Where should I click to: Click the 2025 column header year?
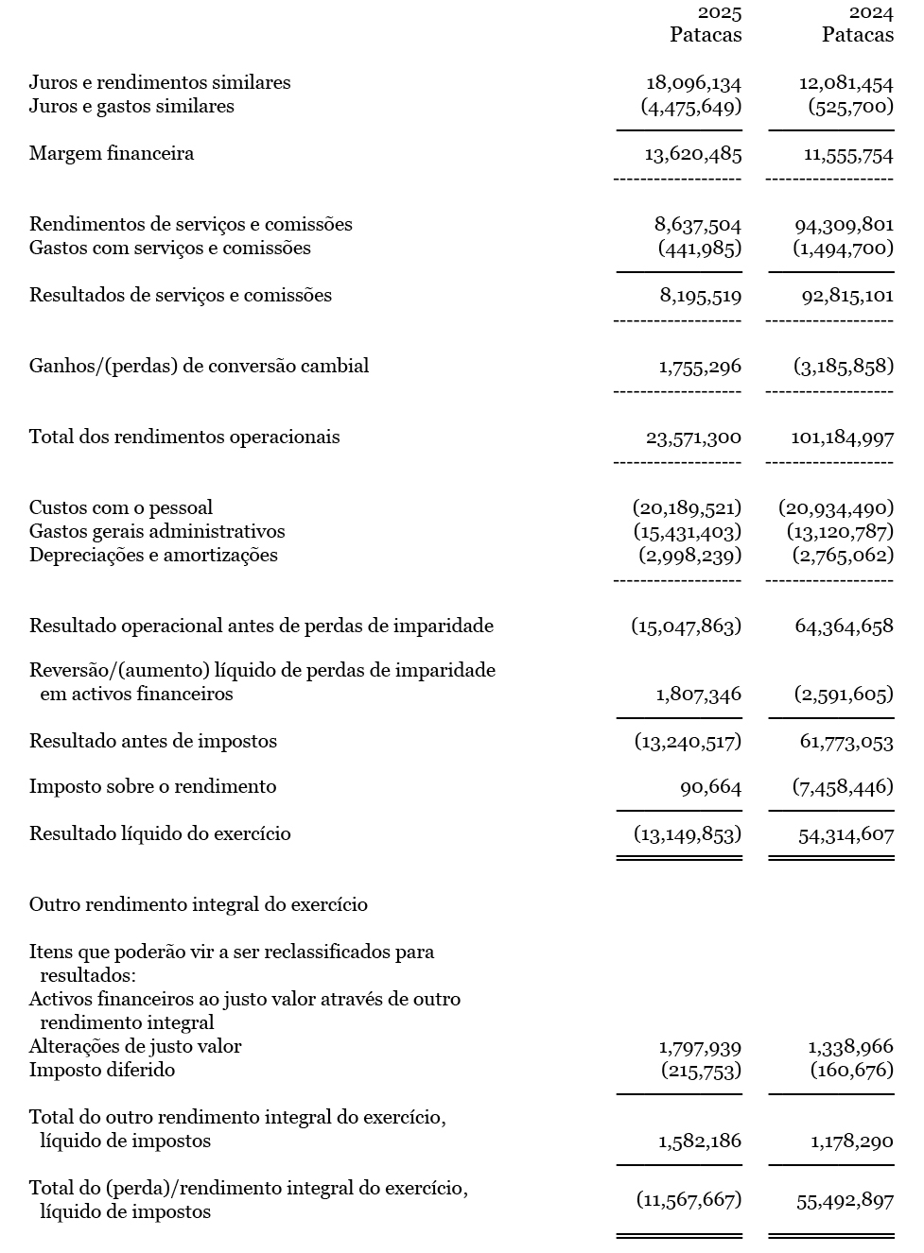pos(720,12)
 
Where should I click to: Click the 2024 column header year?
pos(871,12)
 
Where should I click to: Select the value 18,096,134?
pos(693,83)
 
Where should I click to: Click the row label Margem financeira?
pos(112,153)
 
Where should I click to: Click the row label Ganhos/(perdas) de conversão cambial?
pos(199,366)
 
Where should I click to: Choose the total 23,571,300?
pos(693,438)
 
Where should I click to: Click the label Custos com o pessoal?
pos(121,507)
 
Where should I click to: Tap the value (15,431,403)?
pos(687,532)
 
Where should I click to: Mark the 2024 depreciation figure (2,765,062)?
pos(842,556)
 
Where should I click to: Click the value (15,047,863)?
pos(687,626)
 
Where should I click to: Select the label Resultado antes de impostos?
pos(153,741)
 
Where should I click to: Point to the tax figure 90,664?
pos(710,787)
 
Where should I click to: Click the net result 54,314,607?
pos(845,834)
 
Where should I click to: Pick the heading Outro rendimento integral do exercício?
pos(199,904)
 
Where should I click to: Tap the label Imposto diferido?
pos(102,1070)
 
